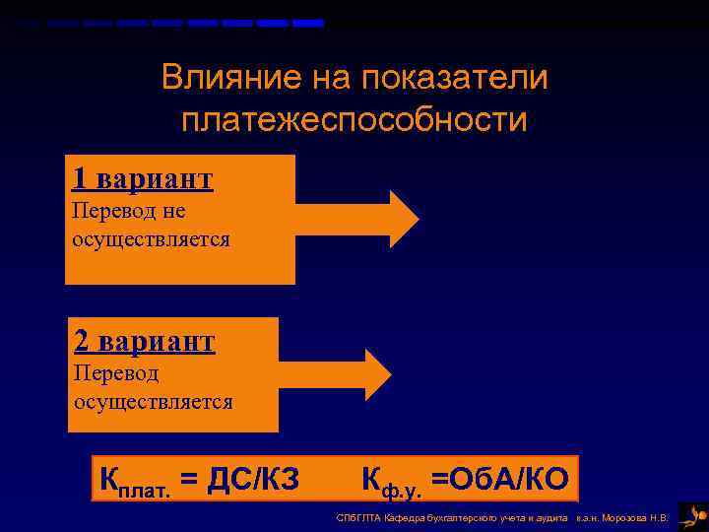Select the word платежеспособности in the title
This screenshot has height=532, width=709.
pos(354,120)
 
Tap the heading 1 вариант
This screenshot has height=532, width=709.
pos(142,178)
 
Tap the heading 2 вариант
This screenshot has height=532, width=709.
pos(144,341)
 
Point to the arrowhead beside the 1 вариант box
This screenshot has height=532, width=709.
pos(404,218)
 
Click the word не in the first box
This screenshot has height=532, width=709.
pos(174,212)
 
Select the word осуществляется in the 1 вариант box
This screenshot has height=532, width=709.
pos(151,239)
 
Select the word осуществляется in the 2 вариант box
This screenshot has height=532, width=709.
pos(153,402)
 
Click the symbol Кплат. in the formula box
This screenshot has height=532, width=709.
pos(134,482)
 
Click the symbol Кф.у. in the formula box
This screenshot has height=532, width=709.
pos(391,482)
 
